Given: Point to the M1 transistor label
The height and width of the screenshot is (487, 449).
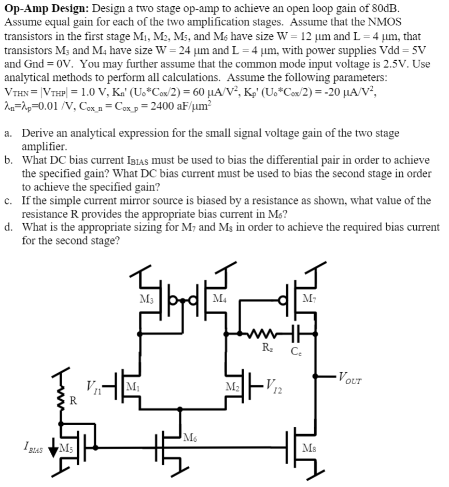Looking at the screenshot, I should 133,387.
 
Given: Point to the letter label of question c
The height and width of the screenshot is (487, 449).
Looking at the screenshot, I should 9,200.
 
